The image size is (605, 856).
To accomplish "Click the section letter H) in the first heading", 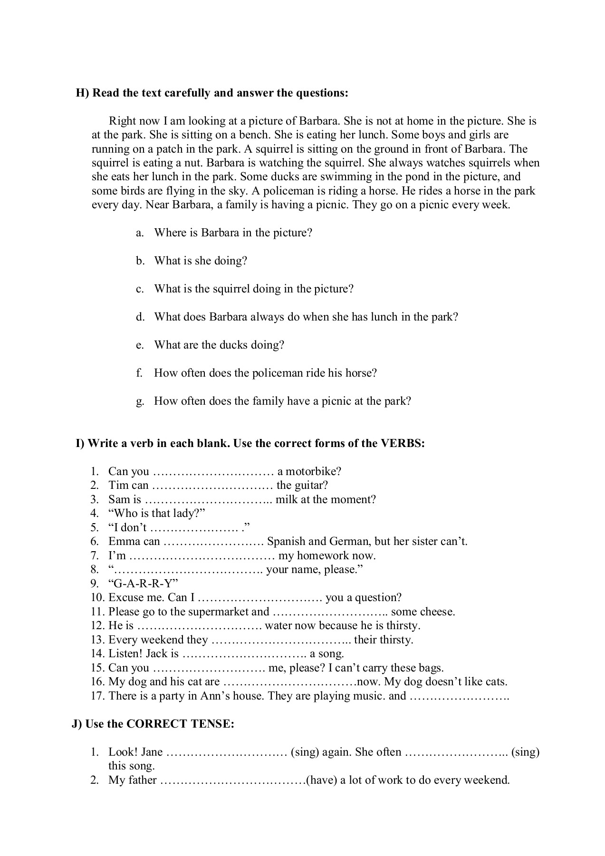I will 82,93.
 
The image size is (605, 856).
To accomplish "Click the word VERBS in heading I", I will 403,444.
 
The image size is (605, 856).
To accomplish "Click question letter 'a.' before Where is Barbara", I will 140,233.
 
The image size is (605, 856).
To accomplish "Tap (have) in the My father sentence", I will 322,780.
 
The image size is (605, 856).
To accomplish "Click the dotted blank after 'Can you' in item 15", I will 209,668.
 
